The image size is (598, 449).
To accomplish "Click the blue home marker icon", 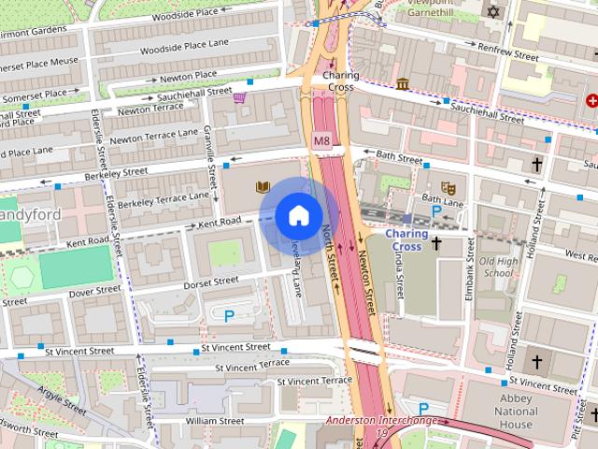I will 298,216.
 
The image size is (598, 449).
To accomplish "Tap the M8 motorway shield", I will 322,141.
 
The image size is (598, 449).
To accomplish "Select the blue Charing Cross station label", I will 406,240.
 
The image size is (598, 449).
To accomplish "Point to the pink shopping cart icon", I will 240,96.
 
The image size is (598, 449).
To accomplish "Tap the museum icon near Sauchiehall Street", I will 402,85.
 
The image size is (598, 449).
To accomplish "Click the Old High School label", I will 497,267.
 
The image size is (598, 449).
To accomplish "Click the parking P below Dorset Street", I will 229,316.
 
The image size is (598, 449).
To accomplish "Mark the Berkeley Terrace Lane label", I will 164,199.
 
